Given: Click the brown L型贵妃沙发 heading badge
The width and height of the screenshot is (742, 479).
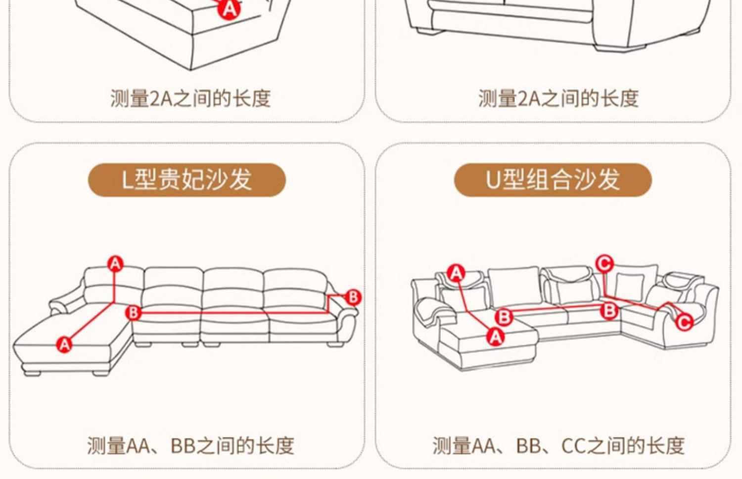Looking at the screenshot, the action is tap(187, 180).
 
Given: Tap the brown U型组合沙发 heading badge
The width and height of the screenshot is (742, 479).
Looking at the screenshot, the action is tap(553, 180).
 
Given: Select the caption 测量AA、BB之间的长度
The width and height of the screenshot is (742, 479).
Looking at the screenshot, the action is tap(190, 445).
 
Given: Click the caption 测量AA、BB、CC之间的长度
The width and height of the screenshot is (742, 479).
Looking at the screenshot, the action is tap(558, 445).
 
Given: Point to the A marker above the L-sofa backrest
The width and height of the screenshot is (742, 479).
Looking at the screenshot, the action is tap(115, 264).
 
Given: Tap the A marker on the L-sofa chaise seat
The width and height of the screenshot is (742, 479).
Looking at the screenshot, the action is tap(64, 344).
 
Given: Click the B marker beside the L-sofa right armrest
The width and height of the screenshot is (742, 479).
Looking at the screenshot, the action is tap(353, 297).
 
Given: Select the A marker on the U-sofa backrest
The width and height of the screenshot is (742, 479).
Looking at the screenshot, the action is tap(456, 274).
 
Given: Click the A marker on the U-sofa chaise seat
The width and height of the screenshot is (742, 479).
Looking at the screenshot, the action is tap(496, 337).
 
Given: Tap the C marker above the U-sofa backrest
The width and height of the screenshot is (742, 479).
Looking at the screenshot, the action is tap(604, 264).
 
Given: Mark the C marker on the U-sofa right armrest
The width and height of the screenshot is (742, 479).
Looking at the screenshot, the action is tap(684, 322).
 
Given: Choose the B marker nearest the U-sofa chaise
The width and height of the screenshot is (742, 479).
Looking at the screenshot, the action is tap(504, 317).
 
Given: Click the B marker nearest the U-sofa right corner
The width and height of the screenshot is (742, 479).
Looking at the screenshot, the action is tap(609, 311).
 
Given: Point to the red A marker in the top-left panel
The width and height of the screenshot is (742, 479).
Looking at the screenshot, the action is tap(229, 9).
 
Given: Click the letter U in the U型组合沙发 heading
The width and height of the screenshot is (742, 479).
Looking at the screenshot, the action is tap(493, 180).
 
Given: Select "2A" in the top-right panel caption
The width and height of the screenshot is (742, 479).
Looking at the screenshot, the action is tap(529, 98).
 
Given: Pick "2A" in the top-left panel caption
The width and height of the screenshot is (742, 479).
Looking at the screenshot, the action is tap(161, 98).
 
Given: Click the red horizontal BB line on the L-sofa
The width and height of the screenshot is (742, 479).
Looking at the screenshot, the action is tap(234, 312).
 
